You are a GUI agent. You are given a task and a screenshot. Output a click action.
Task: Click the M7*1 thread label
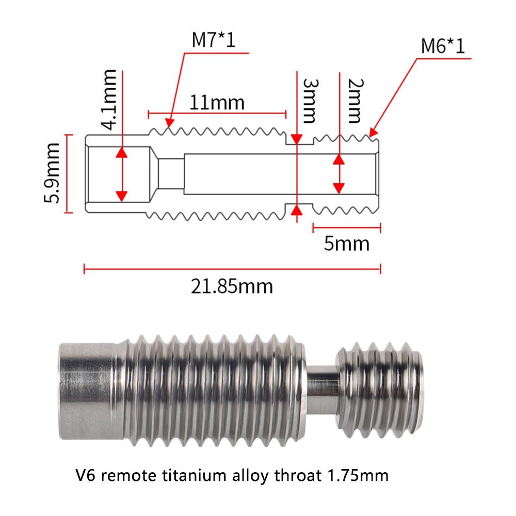click(x=214, y=40)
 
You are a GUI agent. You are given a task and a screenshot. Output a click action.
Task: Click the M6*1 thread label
click(x=443, y=46)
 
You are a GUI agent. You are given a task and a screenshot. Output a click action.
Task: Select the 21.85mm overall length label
click(x=232, y=286)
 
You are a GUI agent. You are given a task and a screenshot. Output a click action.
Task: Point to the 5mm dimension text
click(x=347, y=244)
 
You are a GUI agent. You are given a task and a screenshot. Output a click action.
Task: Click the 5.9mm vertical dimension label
click(x=52, y=173)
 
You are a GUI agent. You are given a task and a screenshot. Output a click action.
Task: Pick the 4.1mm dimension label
click(x=108, y=100)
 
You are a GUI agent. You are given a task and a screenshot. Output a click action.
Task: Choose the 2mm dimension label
click(x=356, y=101)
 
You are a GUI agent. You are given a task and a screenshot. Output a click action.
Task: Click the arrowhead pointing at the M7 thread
click(x=169, y=122)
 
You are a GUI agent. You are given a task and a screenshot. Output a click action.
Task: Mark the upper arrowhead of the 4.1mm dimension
click(x=122, y=152)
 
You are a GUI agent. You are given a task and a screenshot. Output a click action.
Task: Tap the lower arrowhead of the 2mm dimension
click(x=339, y=188)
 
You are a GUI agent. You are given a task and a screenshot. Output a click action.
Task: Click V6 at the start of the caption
click(x=85, y=475)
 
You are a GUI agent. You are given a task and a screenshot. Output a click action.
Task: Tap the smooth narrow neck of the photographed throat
click(x=322, y=389)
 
